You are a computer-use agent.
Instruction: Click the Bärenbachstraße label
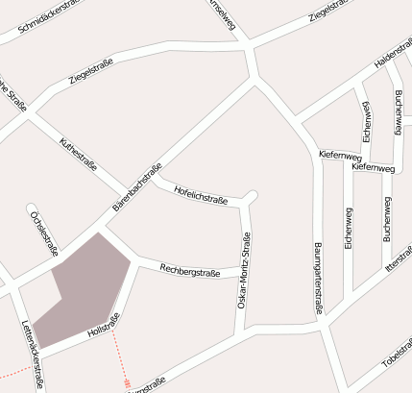pyautogui.click(x=136, y=186)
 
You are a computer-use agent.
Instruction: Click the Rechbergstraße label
pyautogui.click(x=190, y=272)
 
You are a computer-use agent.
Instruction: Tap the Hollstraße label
pyautogui.click(x=102, y=325)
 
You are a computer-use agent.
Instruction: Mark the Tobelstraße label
pyautogui.click(x=396, y=356)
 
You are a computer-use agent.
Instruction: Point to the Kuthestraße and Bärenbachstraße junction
pyautogui.click(x=125, y=191)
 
